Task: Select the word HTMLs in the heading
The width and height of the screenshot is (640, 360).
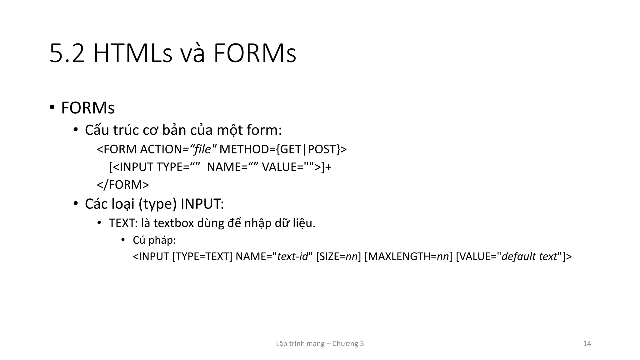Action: [x=133, y=54]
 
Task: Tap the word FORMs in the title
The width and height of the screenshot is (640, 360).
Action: [x=255, y=54]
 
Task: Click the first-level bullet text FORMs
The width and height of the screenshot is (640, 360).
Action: [x=88, y=108]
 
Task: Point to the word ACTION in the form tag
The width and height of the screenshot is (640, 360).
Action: [x=161, y=149]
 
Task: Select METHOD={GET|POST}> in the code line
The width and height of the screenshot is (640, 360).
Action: [x=283, y=149]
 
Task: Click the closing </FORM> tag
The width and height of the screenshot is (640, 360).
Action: [x=123, y=185]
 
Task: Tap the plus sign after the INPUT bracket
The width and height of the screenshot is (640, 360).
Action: [x=328, y=167]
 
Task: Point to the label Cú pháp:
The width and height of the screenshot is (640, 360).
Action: [x=154, y=240]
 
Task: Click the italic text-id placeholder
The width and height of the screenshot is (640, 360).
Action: [x=292, y=257]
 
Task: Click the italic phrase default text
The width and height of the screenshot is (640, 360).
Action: [x=529, y=257]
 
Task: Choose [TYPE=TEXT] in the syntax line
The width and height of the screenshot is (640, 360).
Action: [x=202, y=257]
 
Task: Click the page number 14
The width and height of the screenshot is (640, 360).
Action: [x=587, y=344]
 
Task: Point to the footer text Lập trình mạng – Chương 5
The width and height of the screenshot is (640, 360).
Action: [x=320, y=344]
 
